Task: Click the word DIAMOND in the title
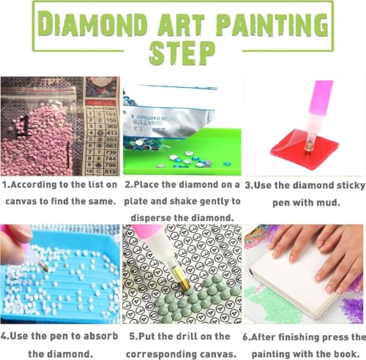pyautogui.click(x=86, y=25)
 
